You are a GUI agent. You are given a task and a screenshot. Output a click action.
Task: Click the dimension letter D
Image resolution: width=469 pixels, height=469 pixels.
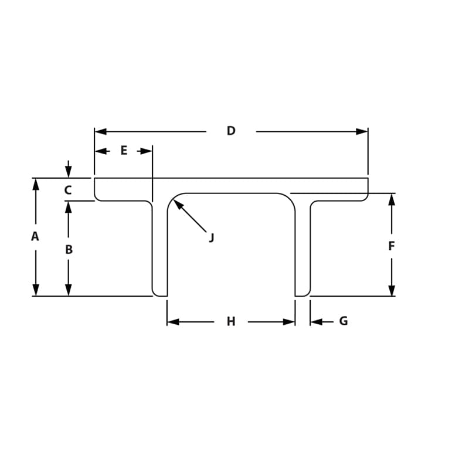tap(231, 131)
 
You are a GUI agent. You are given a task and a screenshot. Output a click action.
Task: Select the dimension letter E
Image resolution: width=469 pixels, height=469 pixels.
tap(124, 151)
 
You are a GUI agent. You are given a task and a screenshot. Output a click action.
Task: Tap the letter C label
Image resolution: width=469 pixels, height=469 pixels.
tap(67, 190)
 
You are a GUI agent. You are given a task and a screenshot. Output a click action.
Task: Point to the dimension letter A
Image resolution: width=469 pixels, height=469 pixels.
tap(35, 237)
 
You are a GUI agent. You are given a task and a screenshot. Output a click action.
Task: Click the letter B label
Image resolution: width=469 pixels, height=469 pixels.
tap(69, 250)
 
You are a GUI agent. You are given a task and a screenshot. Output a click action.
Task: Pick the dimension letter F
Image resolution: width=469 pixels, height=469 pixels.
tap(392, 246)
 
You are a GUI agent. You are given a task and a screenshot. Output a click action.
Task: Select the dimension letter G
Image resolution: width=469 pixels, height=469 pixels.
tap(344, 321)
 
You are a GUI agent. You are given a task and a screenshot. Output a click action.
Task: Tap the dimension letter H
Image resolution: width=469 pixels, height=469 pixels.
tap(231, 321)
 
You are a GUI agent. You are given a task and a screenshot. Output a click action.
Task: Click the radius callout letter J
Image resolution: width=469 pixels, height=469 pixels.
tap(212, 237)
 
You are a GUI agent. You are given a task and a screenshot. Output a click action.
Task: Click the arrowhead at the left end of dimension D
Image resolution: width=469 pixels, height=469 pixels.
tap(100, 131)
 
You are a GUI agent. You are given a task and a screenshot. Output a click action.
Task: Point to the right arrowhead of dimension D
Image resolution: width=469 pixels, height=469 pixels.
tap(362, 131)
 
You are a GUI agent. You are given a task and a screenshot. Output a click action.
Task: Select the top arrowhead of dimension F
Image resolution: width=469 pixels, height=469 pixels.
tap(392, 199)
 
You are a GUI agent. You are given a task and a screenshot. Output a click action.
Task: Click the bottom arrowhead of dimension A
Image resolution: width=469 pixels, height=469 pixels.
tap(36, 290)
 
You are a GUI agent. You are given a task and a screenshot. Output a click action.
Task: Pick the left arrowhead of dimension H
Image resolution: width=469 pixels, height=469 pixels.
tap(173, 322)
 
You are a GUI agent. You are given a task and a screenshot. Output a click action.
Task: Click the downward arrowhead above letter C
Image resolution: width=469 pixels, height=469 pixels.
tap(69, 172)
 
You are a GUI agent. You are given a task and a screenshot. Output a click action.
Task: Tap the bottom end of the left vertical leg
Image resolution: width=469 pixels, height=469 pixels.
tap(159, 295)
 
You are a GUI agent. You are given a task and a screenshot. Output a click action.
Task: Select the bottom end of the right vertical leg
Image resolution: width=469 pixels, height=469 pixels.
tap(303, 295)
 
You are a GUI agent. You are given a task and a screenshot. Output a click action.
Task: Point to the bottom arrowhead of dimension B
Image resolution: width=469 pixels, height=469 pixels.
tap(69, 290)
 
